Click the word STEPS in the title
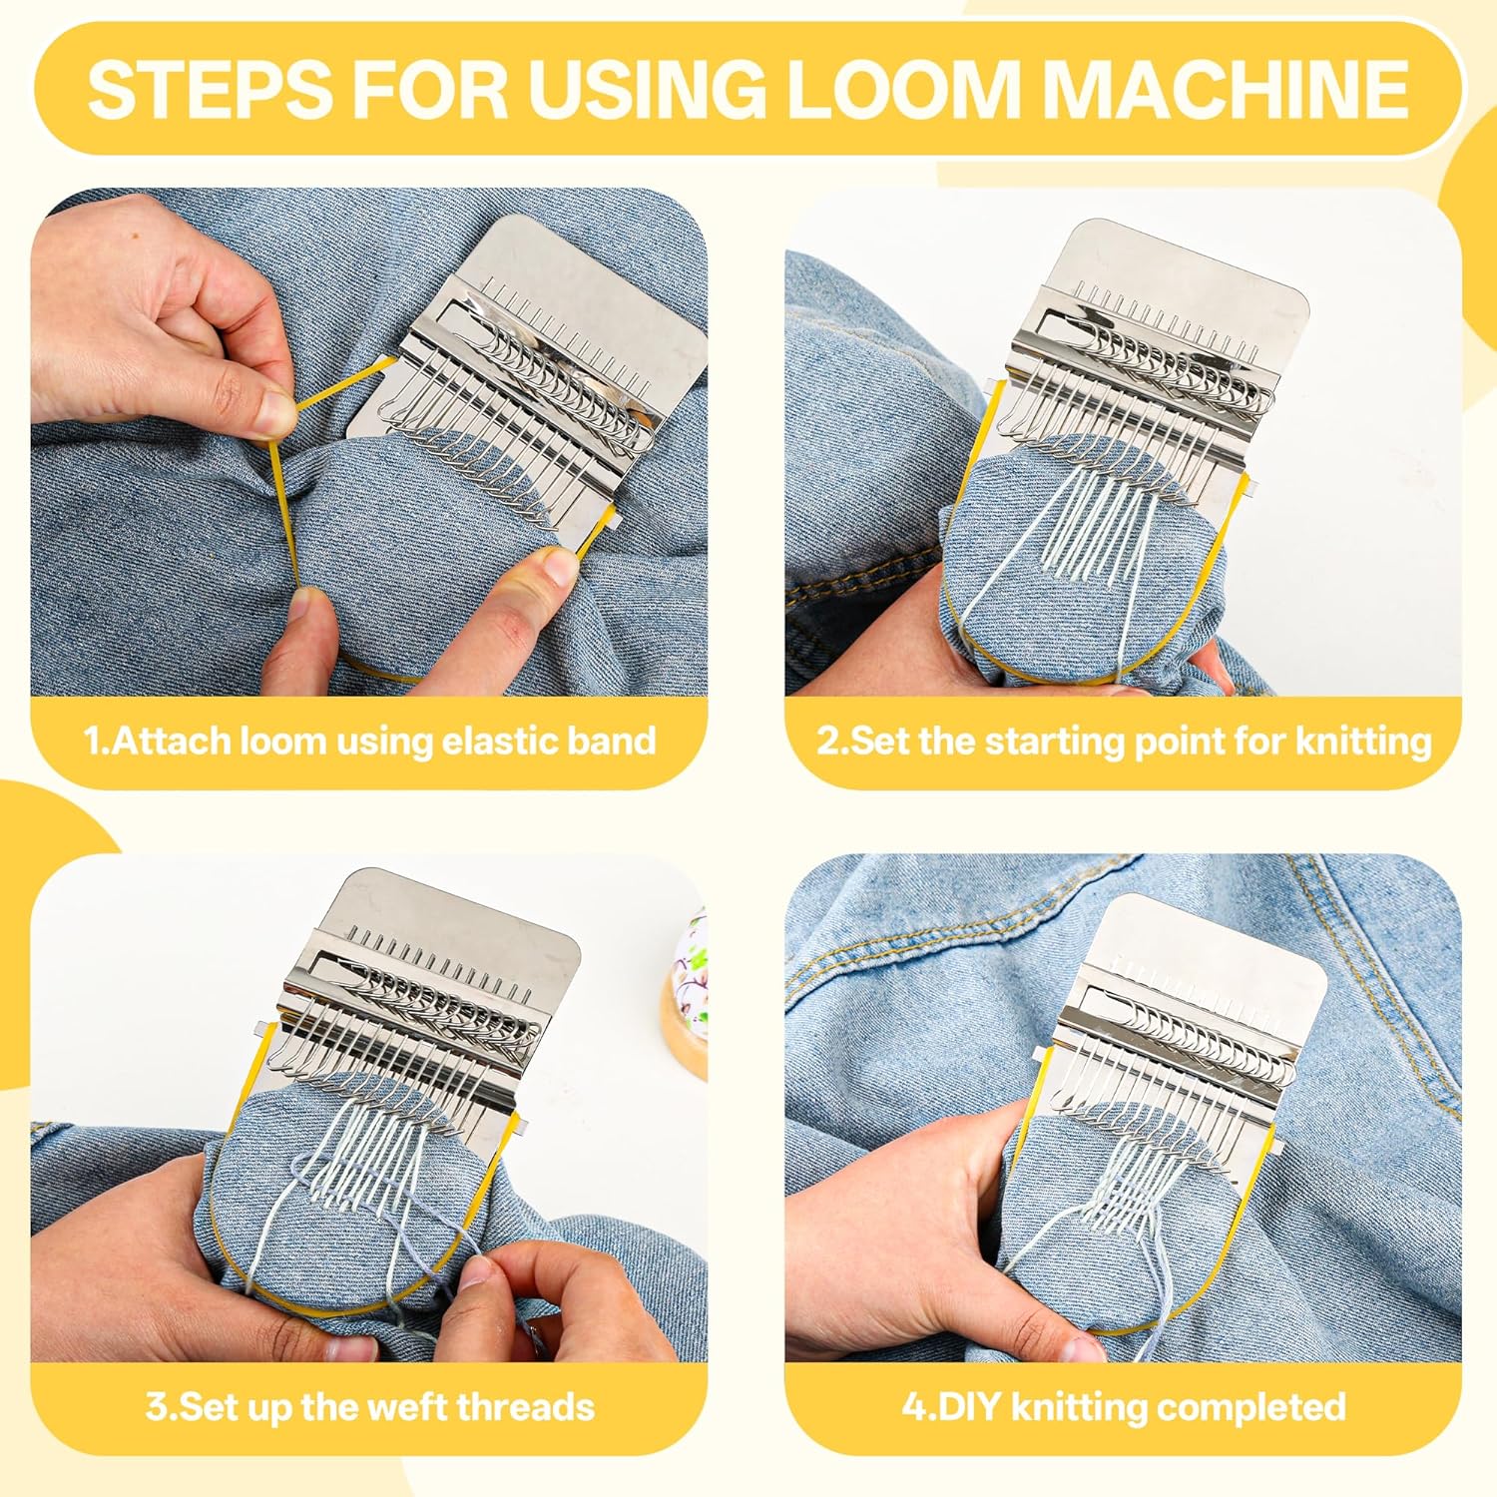coord(211,88)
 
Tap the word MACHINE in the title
coord(1230,88)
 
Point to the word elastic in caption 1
coord(491,742)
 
